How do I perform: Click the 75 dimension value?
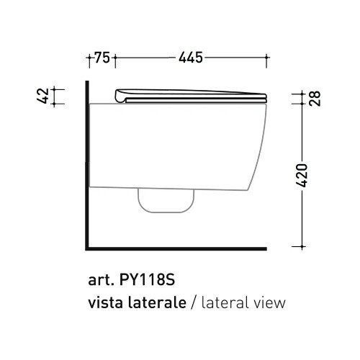(x=102, y=58)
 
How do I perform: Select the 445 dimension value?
(x=191, y=58)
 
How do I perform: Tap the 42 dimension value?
(x=43, y=96)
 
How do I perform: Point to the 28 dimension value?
(x=315, y=98)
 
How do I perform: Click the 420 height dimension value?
(x=302, y=176)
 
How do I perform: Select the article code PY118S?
(x=147, y=280)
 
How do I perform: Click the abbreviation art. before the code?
(x=101, y=280)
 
